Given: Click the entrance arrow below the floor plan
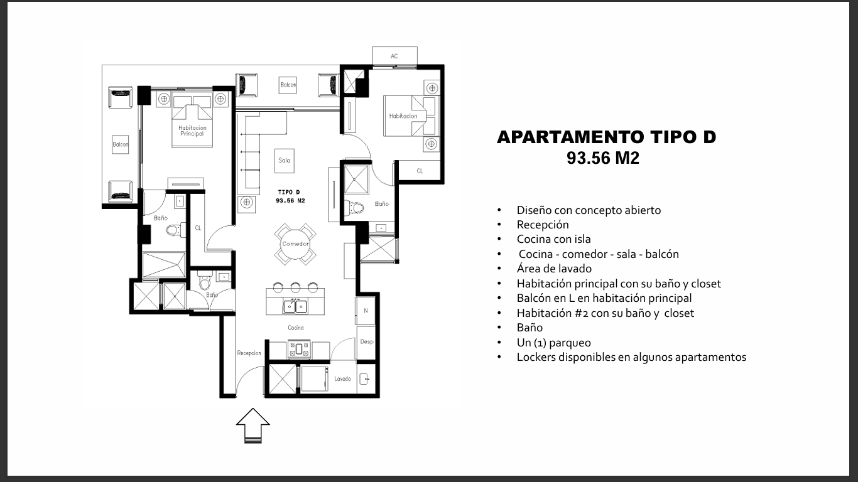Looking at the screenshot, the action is click(253, 426).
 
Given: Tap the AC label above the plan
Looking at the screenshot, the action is click(394, 56).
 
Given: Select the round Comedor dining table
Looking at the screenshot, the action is click(295, 244).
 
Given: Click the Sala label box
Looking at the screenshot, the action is click(284, 161).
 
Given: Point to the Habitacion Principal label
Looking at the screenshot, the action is click(192, 131).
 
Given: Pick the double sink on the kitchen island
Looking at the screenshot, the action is click(295, 306).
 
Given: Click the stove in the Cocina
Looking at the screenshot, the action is click(299, 349).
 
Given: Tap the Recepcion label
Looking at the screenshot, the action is click(249, 353).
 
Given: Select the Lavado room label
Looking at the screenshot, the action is click(342, 378).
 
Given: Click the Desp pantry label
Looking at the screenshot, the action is click(367, 341).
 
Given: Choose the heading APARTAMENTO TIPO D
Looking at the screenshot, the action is click(606, 137).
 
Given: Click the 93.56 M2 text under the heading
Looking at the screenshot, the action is click(603, 158).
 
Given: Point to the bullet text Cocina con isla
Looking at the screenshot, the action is click(553, 239).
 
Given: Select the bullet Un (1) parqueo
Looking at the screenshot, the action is click(553, 343).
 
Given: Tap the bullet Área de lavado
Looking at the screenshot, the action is click(554, 269).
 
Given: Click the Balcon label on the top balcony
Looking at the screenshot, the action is click(288, 85).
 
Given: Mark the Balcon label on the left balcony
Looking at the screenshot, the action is click(120, 144).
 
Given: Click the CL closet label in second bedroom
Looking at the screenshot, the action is click(420, 171).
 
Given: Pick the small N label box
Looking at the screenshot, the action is click(366, 311).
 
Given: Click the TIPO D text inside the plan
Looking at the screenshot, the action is click(289, 192).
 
